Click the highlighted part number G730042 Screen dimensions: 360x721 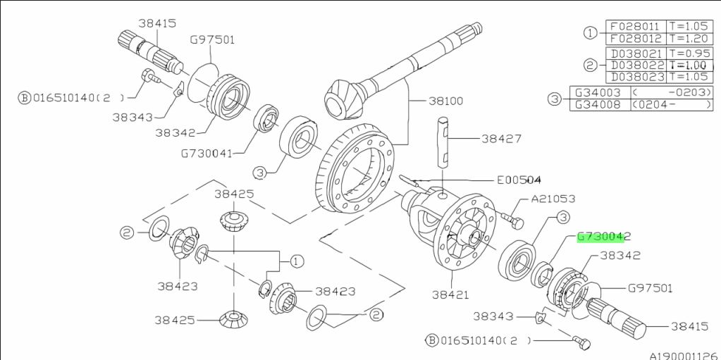pos(604,237)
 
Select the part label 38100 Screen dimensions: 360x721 pos(445,101)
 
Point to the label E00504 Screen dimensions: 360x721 pos(520,180)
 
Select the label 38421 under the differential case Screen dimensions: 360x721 pos(451,294)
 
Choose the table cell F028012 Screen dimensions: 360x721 pos(635,39)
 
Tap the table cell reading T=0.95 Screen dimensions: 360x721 pos(689,53)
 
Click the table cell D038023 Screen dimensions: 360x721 pos(635,77)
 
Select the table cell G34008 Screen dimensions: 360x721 pos(598,105)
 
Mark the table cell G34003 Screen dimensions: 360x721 pos(598,92)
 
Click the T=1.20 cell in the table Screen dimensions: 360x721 pos(689,39)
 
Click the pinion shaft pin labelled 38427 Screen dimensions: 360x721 pos(442,142)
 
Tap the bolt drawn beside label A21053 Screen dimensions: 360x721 pos(513,221)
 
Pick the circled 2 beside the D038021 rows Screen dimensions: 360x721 pos(591,65)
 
